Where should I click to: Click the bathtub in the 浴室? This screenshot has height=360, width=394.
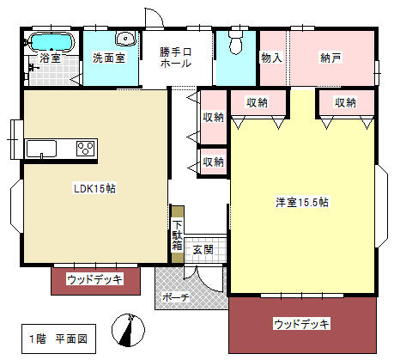click(52, 42)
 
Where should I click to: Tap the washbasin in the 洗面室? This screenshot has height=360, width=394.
click(125, 39)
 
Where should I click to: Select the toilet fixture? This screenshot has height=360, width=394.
click(236, 42)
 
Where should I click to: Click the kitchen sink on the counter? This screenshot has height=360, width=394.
click(41, 149)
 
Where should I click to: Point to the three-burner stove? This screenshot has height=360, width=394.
click(86, 149)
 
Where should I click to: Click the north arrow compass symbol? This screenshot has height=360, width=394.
click(128, 330)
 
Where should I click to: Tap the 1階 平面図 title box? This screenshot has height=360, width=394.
click(58, 339)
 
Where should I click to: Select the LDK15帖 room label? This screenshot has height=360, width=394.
click(94, 189)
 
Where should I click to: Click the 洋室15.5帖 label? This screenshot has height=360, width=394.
click(302, 202)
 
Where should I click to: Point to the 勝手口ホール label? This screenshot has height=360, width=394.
click(176, 58)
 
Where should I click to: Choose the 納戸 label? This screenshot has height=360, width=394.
click(330, 58)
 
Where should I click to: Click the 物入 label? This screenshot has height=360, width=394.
click(271, 58)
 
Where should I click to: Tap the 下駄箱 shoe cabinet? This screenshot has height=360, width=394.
click(178, 235)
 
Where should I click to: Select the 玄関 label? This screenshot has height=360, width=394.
click(203, 250)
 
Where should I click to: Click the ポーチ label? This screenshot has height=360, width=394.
click(176, 297)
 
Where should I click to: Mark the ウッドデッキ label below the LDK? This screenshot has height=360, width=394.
click(94, 279)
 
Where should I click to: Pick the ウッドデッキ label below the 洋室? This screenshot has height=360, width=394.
click(301, 324)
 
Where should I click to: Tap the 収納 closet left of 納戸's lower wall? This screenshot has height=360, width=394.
click(258, 102)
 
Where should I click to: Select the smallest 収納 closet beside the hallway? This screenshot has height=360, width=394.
click(213, 162)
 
